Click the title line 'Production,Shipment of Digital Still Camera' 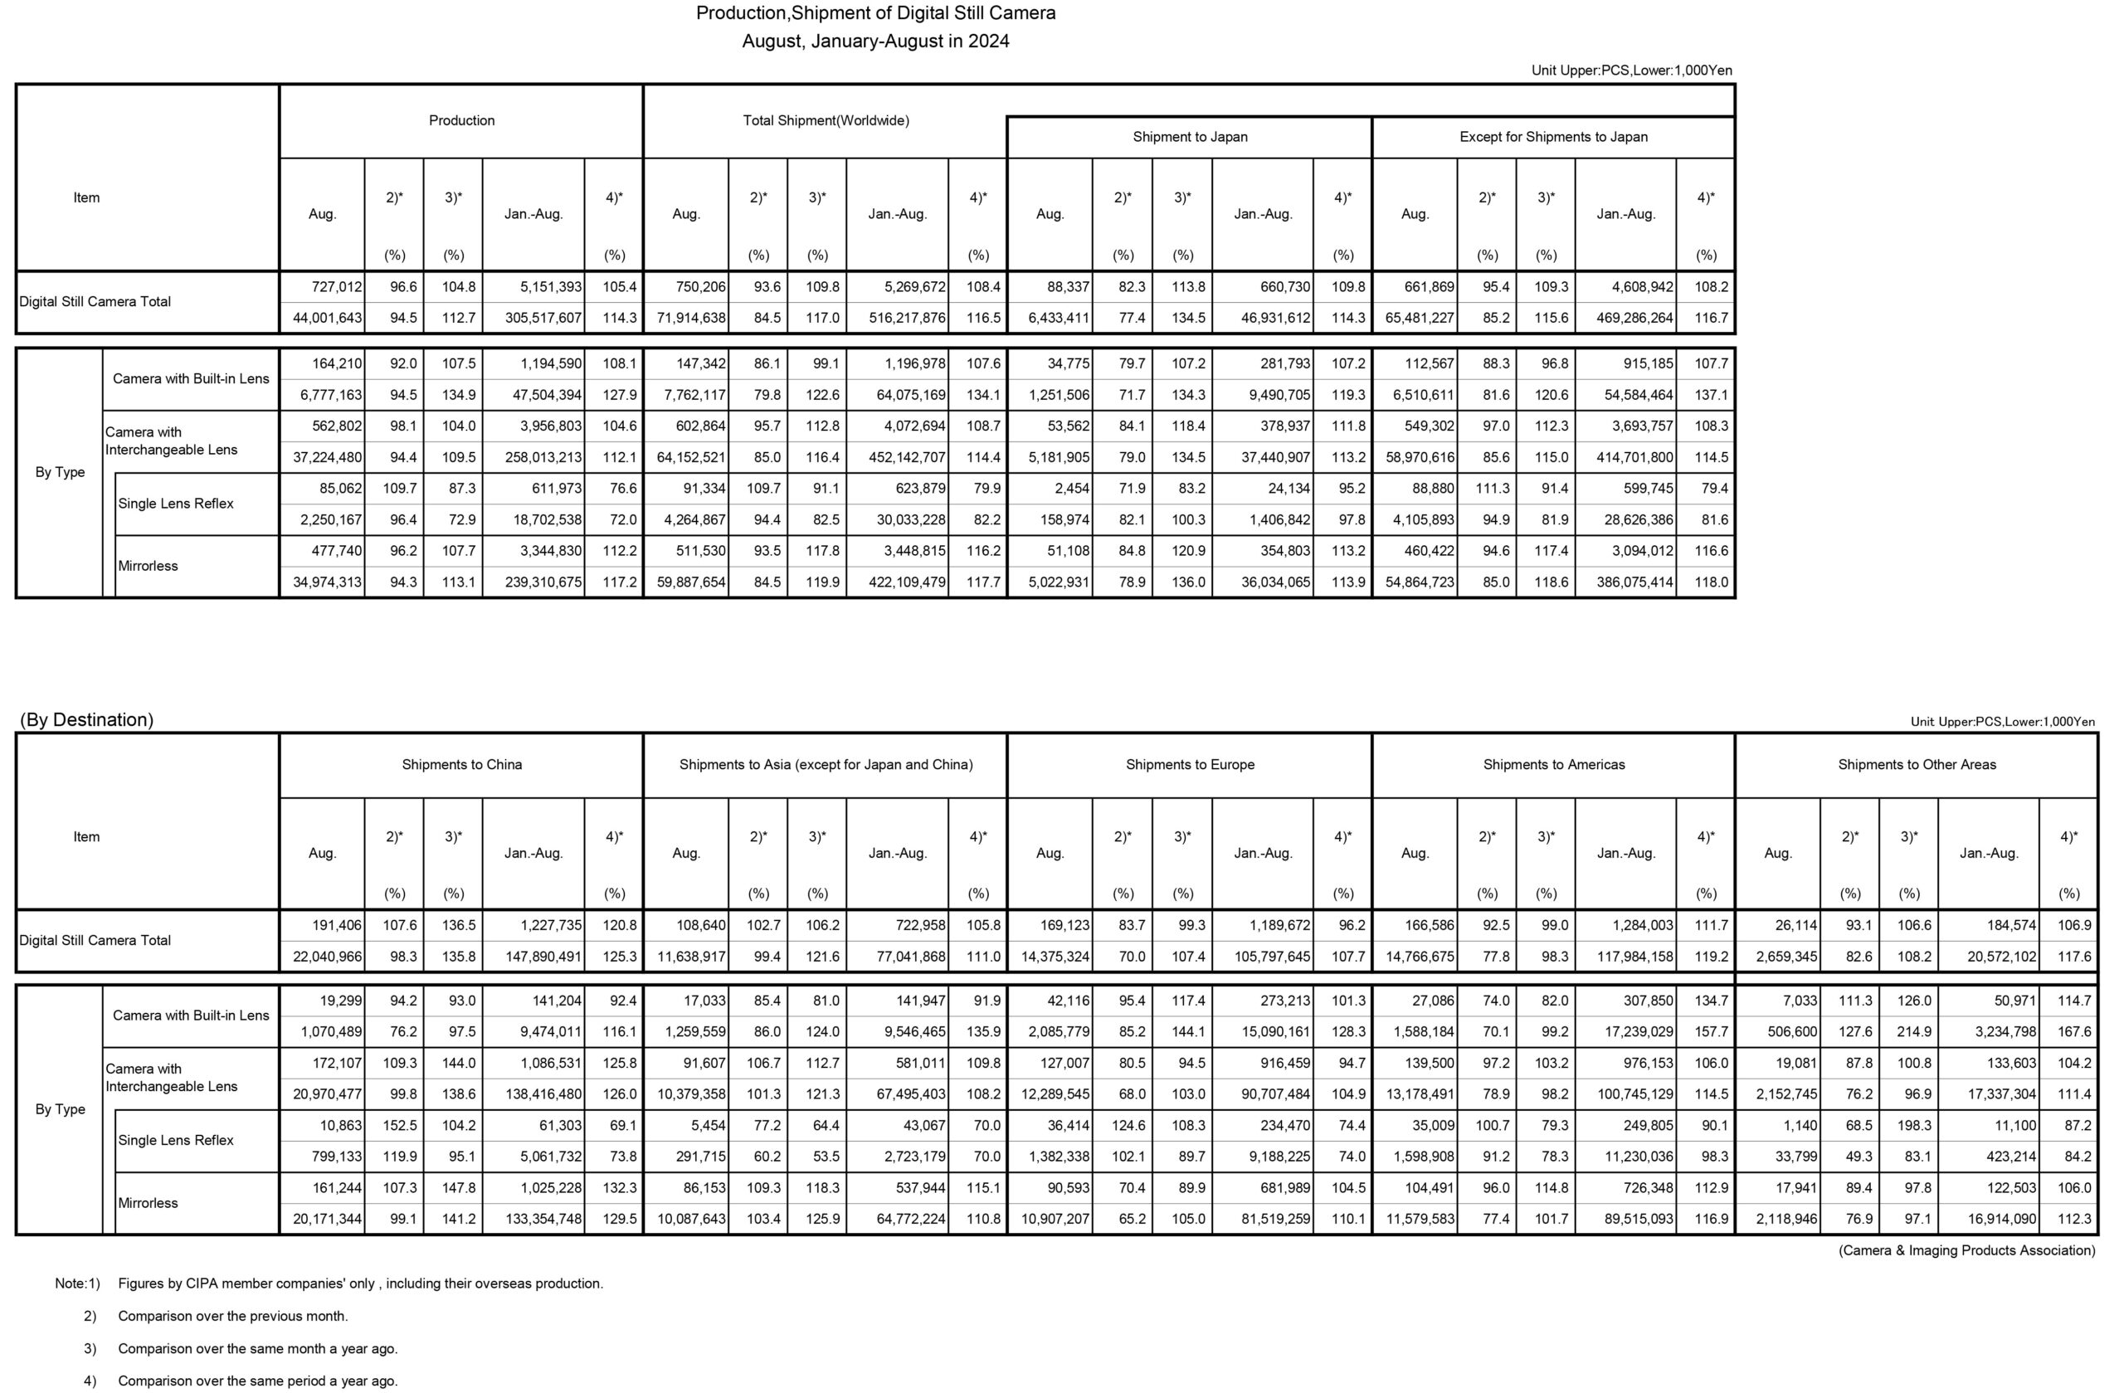click(x=875, y=13)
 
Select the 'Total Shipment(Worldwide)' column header click(x=826, y=120)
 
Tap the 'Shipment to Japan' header click(x=1190, y=137)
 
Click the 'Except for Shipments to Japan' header click(x=1553, y=137)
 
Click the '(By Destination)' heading click(x=86, y=719)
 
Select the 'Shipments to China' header click(x=461, y=765)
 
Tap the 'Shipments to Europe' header click(x=1190, y=765)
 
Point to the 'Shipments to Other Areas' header click(x=1916, y=765)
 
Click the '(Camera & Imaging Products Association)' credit click(x=1966, y=1250)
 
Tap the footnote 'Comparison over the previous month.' click(x=233, y=1315)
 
